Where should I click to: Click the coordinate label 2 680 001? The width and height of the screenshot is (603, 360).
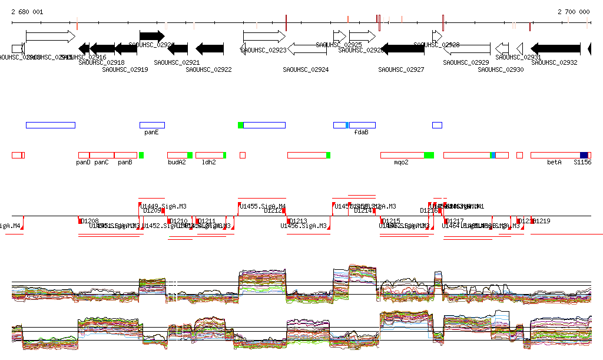coord(26,12)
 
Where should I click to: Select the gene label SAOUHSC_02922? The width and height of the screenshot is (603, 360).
coord(208,70)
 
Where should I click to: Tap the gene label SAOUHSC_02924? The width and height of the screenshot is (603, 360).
coord(306,70)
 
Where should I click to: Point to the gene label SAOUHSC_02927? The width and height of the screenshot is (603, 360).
coord(401,70)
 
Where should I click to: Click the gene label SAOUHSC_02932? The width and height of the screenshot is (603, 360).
coord(554,62)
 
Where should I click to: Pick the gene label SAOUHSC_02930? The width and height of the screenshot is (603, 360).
coord(501,70)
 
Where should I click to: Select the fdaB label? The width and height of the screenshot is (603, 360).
coord(361,133)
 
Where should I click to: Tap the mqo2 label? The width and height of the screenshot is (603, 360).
coord(401,162)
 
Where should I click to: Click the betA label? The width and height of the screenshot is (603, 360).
coord(554,162)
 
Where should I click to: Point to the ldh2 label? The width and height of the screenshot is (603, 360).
coord(209,162)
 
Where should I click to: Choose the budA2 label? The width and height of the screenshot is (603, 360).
coord(177,162)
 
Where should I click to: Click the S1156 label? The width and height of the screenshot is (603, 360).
coord(582,162)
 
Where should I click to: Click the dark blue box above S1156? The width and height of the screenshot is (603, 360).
coord(584,155)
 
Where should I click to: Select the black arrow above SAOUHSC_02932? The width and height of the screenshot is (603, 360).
coord(555,48)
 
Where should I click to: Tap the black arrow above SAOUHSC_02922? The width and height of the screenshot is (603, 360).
coord(210,48)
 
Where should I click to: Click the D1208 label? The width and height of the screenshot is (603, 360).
coord(90,221)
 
